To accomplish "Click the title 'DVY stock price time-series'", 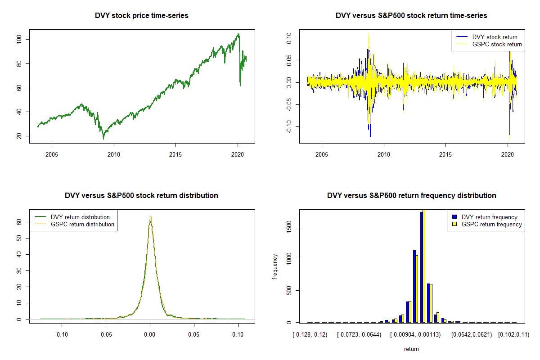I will (142, 16).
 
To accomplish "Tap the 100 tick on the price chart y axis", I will (25, 40).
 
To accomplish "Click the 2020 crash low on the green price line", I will (240, 85).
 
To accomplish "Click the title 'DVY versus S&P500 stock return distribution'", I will (141, 196).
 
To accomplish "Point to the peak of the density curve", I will (150, 216).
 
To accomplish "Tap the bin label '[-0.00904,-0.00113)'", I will (415, 334).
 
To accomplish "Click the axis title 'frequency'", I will (275, 266).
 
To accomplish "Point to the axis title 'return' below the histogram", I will (411, 349).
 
